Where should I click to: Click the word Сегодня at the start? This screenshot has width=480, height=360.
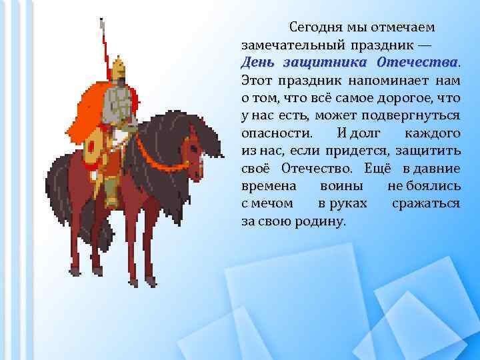point(313,28)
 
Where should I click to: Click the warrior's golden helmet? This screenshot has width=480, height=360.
point(119,67)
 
